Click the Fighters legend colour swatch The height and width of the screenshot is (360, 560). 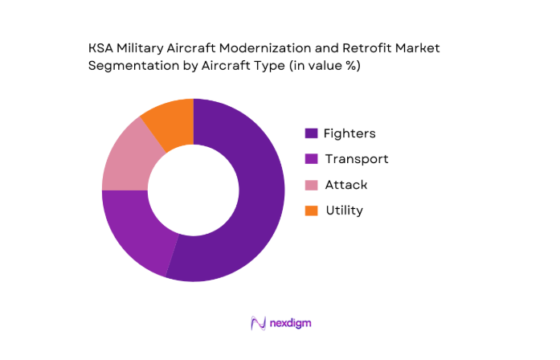310,133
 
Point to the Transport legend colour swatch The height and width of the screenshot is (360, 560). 310,159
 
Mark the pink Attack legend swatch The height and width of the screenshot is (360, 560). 310,185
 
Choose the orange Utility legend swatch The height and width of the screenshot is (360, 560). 310,211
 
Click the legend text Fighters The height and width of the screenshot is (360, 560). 349,133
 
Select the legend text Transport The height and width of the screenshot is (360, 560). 357,159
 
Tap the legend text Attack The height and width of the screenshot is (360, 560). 346,185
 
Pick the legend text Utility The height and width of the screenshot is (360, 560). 344,211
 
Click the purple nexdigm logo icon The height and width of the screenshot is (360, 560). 259,323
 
